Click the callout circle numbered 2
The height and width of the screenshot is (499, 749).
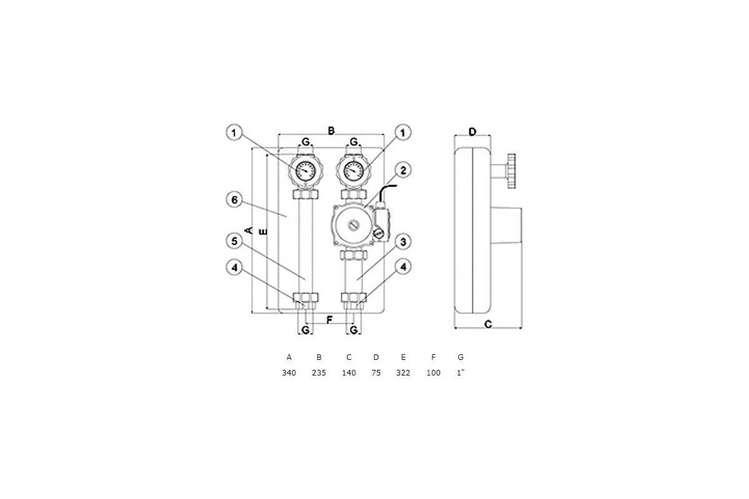(x=403, y=170)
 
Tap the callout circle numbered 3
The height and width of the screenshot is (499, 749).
(x=403, y=241)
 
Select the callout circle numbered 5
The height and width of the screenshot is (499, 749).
(x=235, y=241)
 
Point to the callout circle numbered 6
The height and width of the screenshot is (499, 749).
(x=235, y=200)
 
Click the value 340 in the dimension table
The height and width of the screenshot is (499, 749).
(x=289, y=372)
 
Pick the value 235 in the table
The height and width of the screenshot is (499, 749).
(x=319, y=372)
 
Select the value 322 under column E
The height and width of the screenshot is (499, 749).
(x=403, y=372)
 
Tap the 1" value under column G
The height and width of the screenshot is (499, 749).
(x=461, y=372)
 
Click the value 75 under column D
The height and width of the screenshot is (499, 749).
(x=376, y=372)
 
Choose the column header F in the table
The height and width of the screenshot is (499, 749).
(x=433, y=357)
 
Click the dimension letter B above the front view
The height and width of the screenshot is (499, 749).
(x=331, y=131)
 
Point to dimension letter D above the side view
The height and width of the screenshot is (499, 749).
(x=472, y=132)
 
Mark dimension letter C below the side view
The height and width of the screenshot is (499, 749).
(x=488, y=324)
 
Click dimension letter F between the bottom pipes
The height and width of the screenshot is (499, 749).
(x=330, y=320)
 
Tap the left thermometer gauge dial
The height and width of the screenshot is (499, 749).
(x=306, y=170)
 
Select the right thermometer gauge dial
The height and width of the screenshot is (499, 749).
(x=353, y=170)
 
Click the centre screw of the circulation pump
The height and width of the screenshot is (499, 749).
(x=353, y=225)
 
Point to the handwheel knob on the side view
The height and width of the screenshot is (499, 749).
(x=511, y=172)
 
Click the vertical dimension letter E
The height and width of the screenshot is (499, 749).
(x=263, y=231)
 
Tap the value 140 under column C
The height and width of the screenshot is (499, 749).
(x=349, y=372)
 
